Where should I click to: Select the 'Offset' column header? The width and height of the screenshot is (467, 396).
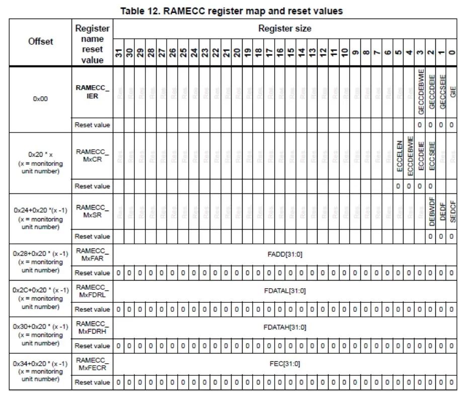pyautogui.click(x=40, y=41)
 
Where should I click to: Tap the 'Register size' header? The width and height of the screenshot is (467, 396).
pyautogui.click(x=284, y=28)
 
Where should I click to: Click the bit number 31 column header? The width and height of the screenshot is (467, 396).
pyautogui.click(x=119, y=52)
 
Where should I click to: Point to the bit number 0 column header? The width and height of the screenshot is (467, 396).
pyautogui.click(x=451, y=52)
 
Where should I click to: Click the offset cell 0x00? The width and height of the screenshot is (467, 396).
pyautogui.click(x=40, y=99)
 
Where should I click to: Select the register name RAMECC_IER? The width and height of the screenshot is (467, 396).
pyautogui.click(x=92, y=91)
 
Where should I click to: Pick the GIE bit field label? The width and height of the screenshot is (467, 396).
pyautogui.click(x=451, y=91)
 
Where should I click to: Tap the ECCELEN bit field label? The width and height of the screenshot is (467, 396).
pyautogui.click(x=399, y=157)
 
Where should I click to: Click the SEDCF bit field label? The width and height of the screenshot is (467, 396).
pyautogui.click(x=451, y=212)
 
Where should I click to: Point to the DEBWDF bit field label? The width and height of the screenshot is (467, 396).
pyautogui.click(x=430, y=211)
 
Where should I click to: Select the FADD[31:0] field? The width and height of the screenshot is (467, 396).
pyautogui.click(x=284, y=254)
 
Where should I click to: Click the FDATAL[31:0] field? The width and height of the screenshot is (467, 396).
pyautogui.click(x=284, y=291)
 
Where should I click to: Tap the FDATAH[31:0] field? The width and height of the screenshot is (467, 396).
pyautogui.click(x=284, y=327)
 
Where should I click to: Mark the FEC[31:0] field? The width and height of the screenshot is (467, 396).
pyautogui.click(x=284, y=364)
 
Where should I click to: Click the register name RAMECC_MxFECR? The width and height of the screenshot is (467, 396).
pyautogui.click(x=92, y=364)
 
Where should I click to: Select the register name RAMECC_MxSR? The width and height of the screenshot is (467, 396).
pyautogui.click(x=92, y=211)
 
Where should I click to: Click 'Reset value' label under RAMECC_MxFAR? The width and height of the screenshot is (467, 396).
pyautogui.click(x=92, y=273)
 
